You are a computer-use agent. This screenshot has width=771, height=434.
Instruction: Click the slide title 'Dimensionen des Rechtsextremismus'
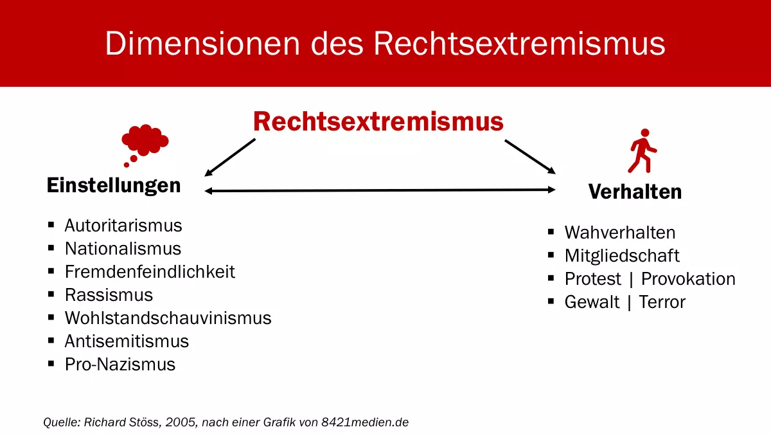(x=385, y=44)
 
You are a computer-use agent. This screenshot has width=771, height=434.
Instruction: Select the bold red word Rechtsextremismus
(x=378, y=122)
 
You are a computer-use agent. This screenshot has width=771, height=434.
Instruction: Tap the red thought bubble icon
(x=145, y=142)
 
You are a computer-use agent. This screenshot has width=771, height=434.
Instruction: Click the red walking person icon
(x=642, y=150)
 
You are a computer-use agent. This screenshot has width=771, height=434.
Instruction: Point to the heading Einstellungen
(x=114, y=186)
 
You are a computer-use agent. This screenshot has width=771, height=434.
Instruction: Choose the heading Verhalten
(x=635, y=192)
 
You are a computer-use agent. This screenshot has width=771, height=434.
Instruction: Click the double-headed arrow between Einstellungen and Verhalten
(x=379, y=190)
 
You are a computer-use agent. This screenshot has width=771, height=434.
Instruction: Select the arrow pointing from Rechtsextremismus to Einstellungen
(x=229, y=158)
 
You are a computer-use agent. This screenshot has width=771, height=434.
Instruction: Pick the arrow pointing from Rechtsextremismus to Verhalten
(x=530, y=156)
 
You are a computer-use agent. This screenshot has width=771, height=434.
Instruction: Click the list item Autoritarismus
(x=123, y=226)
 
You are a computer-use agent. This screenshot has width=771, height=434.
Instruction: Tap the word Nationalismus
(x=123, y=249)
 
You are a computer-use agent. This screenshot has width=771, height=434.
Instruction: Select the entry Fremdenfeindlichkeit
(x=150, y=272)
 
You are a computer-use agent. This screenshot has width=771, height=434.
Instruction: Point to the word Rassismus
(x=109, y=295)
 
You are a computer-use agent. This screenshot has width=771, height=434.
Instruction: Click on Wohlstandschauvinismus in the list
(x=168, y=318)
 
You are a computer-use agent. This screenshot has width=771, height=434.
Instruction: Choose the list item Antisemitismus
(x=127, y=341)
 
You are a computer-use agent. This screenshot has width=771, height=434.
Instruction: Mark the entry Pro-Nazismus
(x=120, y=365)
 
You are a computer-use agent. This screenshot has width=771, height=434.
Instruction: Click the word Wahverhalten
(x=620, y=232)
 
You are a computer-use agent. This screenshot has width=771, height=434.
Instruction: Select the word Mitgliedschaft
(x=622, y=255)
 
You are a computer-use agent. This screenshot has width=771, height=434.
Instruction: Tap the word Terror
(x=662, y=302)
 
